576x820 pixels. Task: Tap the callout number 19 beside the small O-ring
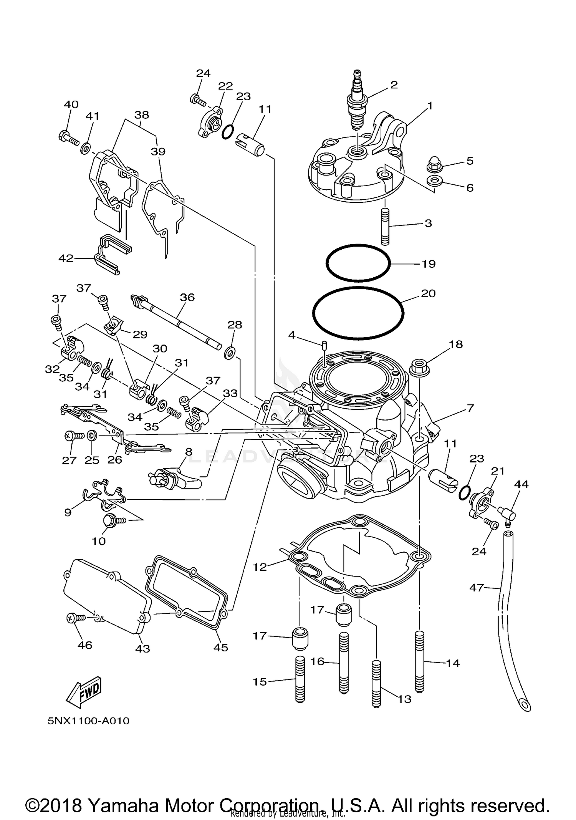click(x=429, y=264)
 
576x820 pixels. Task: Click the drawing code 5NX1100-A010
click(x=88, y=721)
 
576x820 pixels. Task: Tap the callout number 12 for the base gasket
click(x=260, y=567)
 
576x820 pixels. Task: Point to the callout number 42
click(x=66, y=258)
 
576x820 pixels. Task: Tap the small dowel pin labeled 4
click(x=324, y=345)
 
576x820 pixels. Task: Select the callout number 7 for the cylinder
click(x=471, y=408)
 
